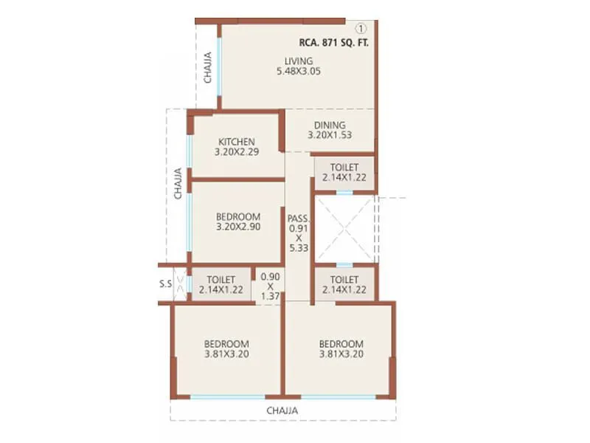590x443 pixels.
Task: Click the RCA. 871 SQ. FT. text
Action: click(x=333, y=43)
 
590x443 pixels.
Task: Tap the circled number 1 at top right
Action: click(x=361, y=29)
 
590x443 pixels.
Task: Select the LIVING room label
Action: click(x=300, y=61)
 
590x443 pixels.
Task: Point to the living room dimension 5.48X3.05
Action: click(x=299, y=72)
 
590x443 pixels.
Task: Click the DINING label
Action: click(x=330, y=125)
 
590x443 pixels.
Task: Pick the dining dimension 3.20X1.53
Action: click(x=330, y=136)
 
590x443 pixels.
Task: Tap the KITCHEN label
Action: click(x=236, y=142)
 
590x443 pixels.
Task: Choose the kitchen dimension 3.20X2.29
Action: click(x=236, y=153)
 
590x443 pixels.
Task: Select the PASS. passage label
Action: click(x=299, y=219)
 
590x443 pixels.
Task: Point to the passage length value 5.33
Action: click(x=299, y=249)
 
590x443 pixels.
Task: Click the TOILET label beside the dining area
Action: click(x=344, y=168)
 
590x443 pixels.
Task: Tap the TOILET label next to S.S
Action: click(x=221, y=280)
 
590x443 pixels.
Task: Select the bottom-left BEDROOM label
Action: click(x=226, y=343)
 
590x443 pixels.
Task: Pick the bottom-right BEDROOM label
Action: click(x=341, y=343)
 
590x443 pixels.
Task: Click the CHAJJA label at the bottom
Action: click(x=282, y=410)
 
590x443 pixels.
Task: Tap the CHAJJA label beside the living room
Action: click(x=208, y=66)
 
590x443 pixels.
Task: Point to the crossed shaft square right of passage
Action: click(x=344, y=228)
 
